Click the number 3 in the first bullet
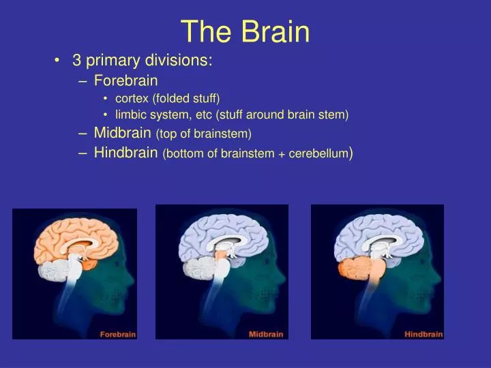(77, 61)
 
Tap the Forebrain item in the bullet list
(126, 80)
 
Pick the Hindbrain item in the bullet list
(126, 153)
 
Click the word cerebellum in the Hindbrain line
(318, 154)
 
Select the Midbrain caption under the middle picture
(266, 334)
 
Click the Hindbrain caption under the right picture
(423, 334)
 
